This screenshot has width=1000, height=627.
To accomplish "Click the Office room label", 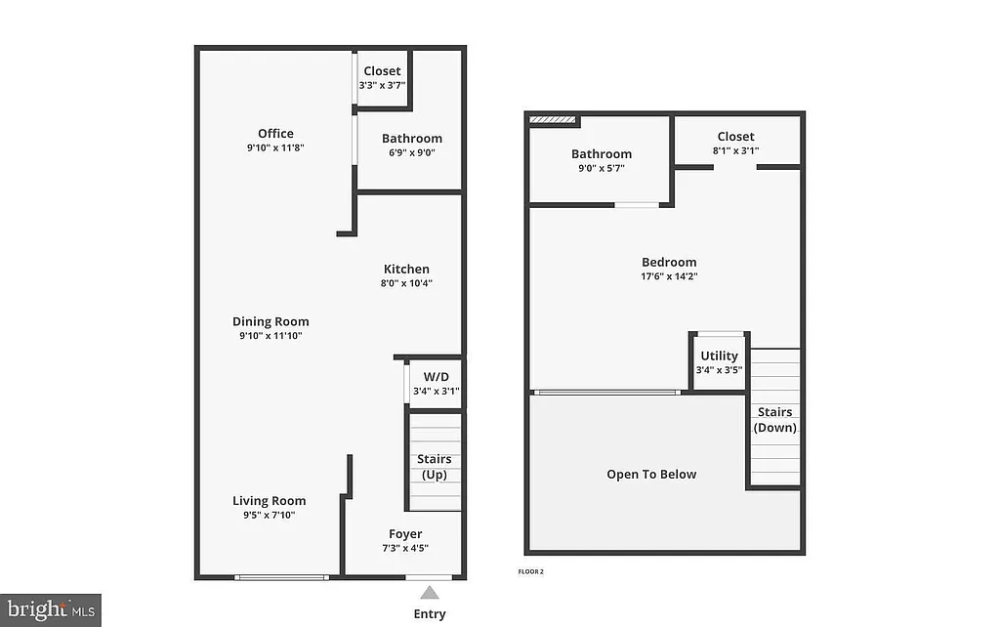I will coord(275,134).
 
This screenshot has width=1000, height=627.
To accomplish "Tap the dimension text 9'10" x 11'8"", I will coord(275,148).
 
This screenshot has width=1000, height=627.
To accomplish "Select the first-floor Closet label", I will coord(382,71).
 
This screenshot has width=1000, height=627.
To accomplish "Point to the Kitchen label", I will coord(406,270).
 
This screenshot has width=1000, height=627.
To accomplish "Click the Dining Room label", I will coord(271,322).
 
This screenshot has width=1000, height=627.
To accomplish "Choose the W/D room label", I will coord(436,377).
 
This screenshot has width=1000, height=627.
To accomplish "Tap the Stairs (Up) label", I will coord(434,467).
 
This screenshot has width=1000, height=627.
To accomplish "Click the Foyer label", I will coord(405,534).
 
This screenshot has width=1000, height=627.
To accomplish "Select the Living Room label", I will coord(269,501).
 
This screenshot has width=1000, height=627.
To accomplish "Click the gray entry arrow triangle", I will coord(429,592).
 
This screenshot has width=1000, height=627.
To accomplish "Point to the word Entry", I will coord(430,614).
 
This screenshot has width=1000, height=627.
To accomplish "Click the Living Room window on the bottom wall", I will coord(281,577).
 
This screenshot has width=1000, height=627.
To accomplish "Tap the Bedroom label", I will coord(669,262).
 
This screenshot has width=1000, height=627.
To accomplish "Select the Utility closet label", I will coord(720,356).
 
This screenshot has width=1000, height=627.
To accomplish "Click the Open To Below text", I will coord(651,475).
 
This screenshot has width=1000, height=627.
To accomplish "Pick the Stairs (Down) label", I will coord(775,420).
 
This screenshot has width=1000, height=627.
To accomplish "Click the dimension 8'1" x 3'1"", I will coord(735,151).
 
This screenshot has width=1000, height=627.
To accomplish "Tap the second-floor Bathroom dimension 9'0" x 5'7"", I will coord(601,168).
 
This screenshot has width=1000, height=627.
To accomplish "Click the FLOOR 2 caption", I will coord(531,570).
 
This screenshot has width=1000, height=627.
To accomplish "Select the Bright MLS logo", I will coord(50,610).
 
